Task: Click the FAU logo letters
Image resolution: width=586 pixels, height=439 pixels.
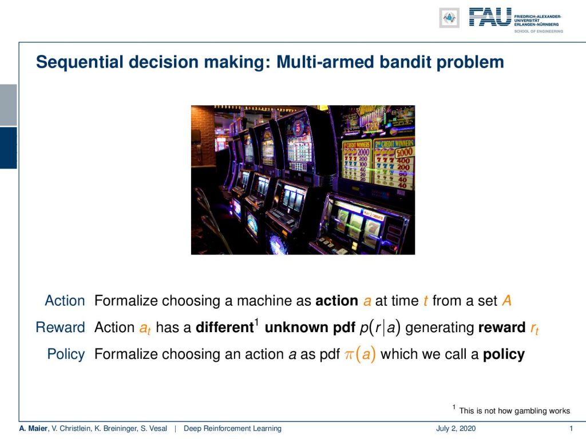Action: coord(490,17)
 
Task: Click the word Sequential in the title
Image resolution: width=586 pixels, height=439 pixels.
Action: coord(80,62)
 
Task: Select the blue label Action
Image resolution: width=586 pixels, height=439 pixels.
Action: coord(65,301)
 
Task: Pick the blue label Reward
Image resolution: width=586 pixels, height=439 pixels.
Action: coord(60,327)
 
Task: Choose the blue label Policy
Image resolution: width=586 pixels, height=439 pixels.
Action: coord(66,354)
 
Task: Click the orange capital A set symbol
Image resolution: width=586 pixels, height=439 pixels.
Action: coord(506,301)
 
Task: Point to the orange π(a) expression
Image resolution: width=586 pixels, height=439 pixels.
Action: coord(360,354)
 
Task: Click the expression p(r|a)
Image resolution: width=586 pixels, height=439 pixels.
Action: coord(380,328)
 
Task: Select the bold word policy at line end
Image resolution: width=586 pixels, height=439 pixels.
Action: coord(504,354)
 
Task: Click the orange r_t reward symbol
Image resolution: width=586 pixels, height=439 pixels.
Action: coord(534,328)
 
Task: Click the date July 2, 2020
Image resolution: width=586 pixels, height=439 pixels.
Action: coord(456,428)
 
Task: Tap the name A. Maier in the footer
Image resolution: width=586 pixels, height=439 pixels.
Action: coord(33,428)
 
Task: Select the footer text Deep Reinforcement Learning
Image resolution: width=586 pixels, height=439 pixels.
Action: coord(232,428)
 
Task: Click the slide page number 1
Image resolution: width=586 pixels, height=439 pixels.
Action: coord(571,428)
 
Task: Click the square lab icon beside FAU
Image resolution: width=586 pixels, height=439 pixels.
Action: coord(449,18)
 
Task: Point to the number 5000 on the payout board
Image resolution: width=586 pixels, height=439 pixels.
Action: coord(404,152)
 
